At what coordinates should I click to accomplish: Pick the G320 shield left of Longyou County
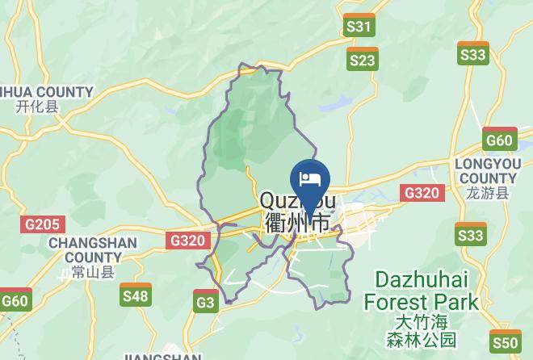click(421, 192)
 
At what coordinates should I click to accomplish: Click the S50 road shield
click(506, 341)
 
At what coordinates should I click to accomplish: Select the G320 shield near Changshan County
click(189, 240)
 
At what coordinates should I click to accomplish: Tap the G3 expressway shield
click(206, 302)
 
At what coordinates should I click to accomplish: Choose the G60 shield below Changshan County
click(15, 300)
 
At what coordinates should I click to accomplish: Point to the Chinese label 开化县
click(36, 107)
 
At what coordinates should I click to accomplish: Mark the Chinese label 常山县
click(88, 273)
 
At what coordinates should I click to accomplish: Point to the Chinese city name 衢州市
click(297, 223)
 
